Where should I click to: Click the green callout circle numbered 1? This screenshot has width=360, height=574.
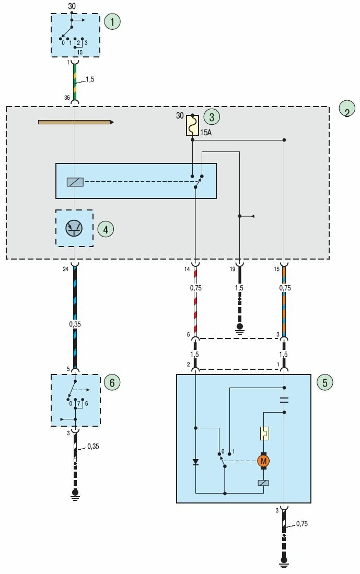(x=112, y=22)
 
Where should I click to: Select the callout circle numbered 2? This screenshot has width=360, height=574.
(x=347, y=109)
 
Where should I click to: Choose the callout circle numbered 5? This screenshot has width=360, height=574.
(x=324, y=382)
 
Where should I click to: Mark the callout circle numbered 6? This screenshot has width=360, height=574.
(x=111, y=382)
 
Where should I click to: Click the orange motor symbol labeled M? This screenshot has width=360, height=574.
(x=263, y=461)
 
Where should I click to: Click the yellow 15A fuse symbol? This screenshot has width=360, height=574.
(x=192, y=125)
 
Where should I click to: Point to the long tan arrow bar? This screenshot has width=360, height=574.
(x=76, y=122)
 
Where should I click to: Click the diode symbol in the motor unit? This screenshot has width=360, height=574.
(x=195, y=462)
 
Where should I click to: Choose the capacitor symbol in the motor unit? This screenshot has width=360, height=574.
(x=284, y=401)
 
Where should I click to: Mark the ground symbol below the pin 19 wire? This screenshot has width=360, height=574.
(x=240, y=329)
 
